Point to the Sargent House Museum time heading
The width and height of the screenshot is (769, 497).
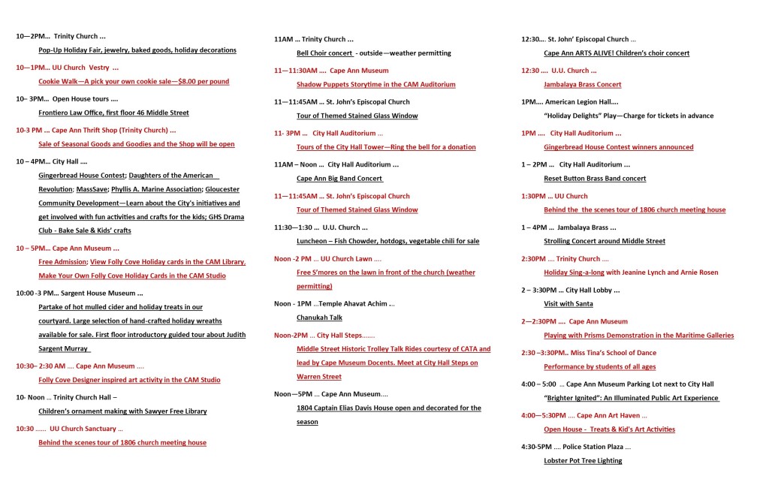79,293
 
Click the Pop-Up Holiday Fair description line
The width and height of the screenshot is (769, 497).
137,50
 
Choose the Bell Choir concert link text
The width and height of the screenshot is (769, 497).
325,53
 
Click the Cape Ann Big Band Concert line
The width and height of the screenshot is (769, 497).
339,179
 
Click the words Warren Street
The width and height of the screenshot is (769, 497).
319,377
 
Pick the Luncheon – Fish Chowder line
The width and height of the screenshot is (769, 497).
388,241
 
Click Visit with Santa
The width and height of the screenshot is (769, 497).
568,303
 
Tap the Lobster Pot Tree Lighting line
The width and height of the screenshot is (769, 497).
583,460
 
